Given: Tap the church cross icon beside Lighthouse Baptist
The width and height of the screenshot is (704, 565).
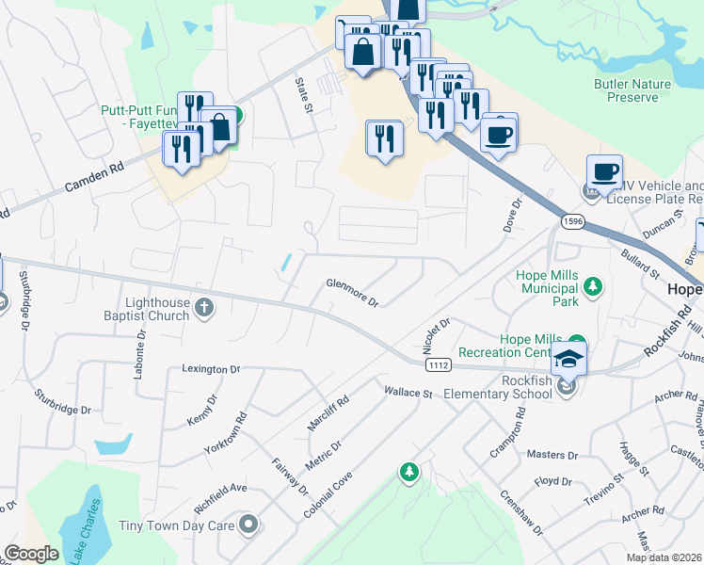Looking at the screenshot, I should pos(204,307).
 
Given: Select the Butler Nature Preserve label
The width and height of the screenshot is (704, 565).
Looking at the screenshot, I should pos(632,90).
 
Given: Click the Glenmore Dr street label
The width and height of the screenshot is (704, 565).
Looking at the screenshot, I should pos(352,292).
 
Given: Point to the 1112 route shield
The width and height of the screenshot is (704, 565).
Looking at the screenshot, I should pos(438,364).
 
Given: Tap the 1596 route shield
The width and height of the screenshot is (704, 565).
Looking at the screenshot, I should pos(572,221).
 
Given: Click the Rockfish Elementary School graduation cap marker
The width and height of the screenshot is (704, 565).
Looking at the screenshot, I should pos(568,358).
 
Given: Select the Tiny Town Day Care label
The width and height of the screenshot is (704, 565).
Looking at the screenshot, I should pos(177,525).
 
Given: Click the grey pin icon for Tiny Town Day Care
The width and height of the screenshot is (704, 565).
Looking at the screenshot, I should pos(248,525).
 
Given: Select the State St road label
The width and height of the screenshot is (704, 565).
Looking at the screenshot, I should pos(303,96).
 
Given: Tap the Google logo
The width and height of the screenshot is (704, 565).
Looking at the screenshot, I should pos(31,554).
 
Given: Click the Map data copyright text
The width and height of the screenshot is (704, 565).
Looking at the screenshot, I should pos(663,557).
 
